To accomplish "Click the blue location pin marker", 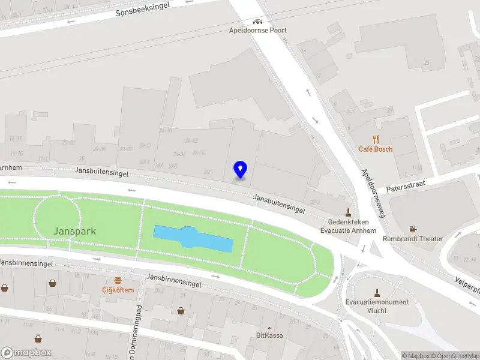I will [x=241, y=170].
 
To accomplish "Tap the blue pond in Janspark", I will [x=193, y=239].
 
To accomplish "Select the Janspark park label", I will [x=74, y=231].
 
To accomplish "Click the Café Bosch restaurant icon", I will [x=376, y=138].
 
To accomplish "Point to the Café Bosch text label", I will [x=376, y=149].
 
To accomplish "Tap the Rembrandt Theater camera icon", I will [x=413, y=229].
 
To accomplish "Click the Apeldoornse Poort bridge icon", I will [x=257, y=20].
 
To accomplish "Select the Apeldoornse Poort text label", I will [x=257, y=30].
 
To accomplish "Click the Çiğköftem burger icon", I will [x=118, y=280].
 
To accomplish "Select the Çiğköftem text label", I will [x=118, y=290].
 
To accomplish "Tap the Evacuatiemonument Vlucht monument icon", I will [x=377, y=293].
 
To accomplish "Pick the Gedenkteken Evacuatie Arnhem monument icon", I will [x=348, y=212].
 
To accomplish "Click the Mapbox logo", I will [x=26, y=353].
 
